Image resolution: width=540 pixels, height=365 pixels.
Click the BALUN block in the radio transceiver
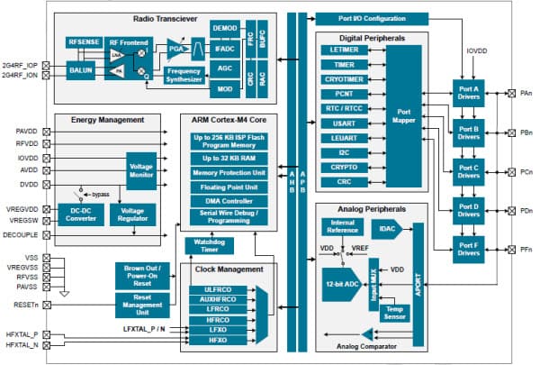coord(80,68)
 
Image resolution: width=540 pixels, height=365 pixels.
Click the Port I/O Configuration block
coord(364,18)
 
